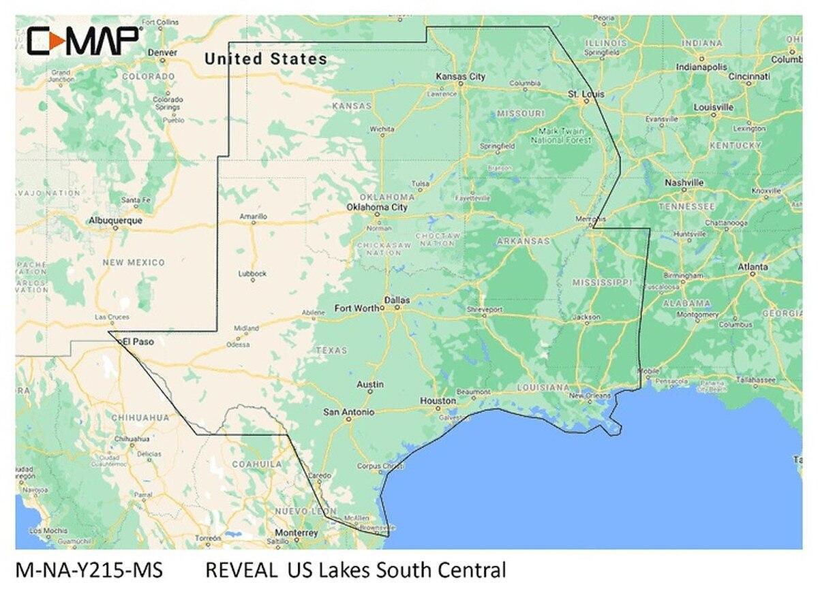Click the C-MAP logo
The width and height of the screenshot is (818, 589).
(84, 41)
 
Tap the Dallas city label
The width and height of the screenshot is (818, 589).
(398, 299)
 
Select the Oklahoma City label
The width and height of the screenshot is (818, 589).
(377, 206)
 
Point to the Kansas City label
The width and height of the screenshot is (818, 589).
(461, 77)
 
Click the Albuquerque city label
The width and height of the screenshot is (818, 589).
(115, 221)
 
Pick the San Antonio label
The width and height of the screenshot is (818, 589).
(348, 412)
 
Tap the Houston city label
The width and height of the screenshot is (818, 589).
(438, 401)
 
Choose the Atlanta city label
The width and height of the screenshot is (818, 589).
(753, 266)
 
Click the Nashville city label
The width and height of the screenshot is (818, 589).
(684, 182)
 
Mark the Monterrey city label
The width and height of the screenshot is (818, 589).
(297, 532)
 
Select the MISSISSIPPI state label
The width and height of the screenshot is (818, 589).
(603, 282)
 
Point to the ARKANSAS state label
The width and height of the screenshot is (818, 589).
(524, 241)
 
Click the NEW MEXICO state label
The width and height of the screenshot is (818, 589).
(134, 262)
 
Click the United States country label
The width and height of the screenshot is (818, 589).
(266, 59)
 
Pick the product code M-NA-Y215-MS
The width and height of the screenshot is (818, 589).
(89, 569)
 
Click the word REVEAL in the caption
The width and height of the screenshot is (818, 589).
(241, 569)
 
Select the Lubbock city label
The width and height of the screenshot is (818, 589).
(252, 274)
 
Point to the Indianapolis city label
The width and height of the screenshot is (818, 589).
(701, 67)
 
